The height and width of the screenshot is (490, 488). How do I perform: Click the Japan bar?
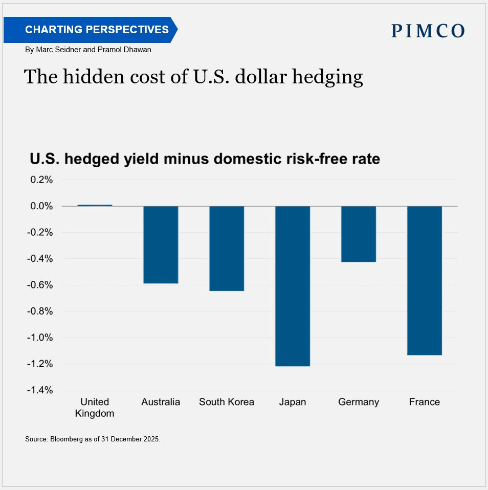[293, 286]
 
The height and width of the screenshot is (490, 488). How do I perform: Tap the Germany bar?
[359, 234]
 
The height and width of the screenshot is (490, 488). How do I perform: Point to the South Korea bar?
[227, 248]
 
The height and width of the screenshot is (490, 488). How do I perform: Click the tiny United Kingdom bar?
[95, 205]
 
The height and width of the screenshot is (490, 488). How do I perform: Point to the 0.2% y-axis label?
[41, 180]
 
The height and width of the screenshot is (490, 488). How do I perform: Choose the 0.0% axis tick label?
[41, 206]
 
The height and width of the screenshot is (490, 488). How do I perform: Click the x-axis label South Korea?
[227, 402]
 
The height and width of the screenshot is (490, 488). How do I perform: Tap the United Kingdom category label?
[95, 408]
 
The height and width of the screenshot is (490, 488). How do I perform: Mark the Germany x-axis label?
[359, 402]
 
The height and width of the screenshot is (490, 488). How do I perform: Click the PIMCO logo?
[428, 31]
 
